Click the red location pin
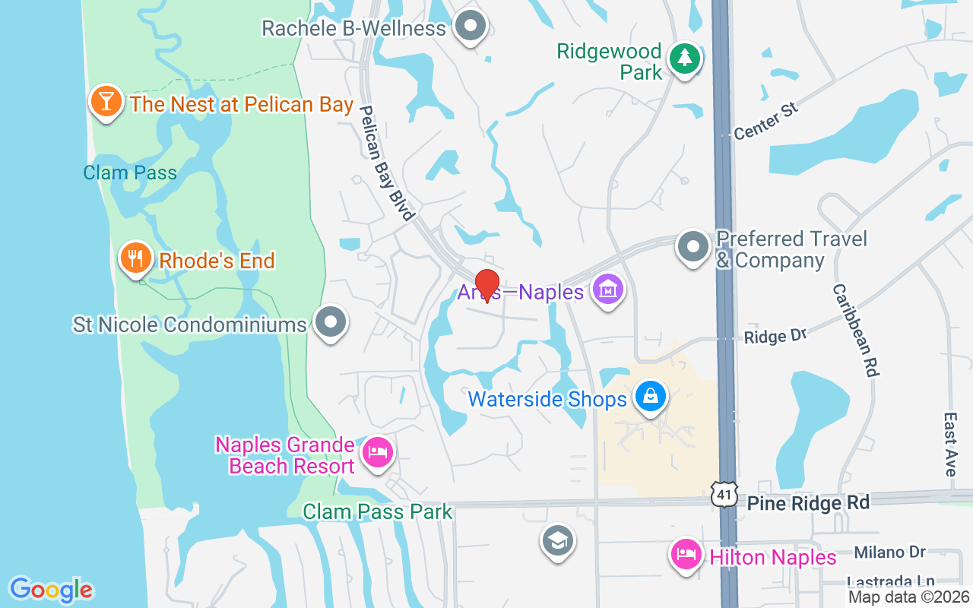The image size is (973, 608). coord(486,284)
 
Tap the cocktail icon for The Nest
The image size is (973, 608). coord(106,101)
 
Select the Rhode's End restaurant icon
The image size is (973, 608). coord(135,258)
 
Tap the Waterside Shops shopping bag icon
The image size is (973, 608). coord(651,397)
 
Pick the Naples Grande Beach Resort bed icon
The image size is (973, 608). coord(378,453)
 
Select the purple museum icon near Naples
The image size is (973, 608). coord(607,290)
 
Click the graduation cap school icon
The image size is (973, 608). coord(557,541)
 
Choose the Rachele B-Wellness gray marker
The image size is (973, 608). coord(471,27)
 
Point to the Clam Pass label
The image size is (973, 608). coord(130,173)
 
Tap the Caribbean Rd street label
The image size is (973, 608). coord(855,331)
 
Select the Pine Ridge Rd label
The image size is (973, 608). coord(808,503)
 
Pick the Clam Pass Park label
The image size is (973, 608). coord(378,511)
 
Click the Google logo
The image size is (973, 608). coord(51,589)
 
